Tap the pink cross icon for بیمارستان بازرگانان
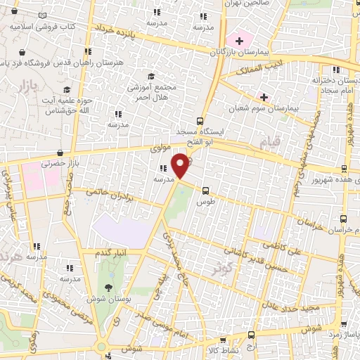click(239, 39)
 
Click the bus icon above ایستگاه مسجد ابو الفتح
click(200, 120)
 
